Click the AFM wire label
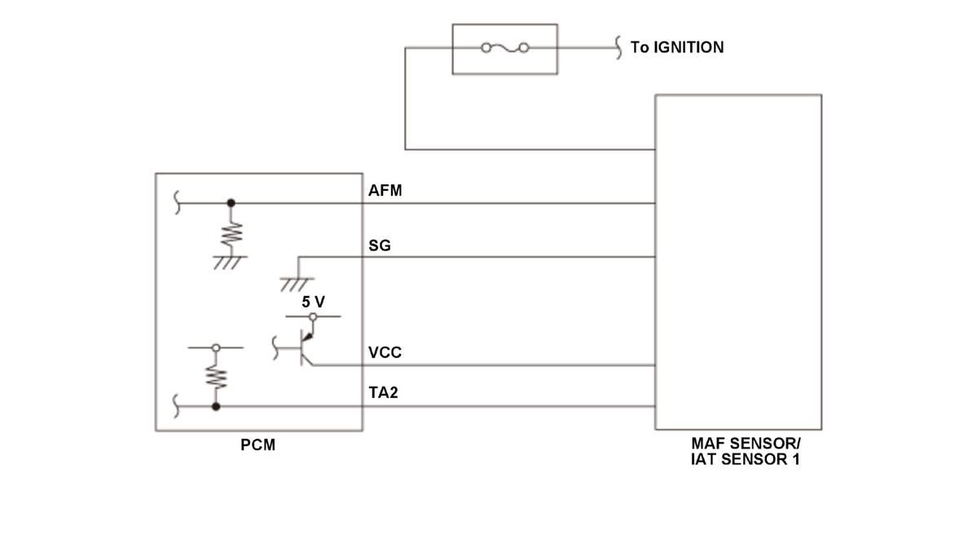click(385, 190)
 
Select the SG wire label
click(380, 245)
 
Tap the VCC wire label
click(385, 352)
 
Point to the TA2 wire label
click(383, 392)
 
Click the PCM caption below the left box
click(258, 444)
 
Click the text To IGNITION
click(677, 47)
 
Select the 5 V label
click(314, 302)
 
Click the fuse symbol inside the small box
click(504, 47)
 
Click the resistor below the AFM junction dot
click(231, 234)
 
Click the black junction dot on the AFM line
click(231, 202)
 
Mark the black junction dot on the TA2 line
click(216, 406)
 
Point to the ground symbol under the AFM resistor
click(229, 262)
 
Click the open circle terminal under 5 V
click(313, 316)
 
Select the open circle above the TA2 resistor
click(216, 347)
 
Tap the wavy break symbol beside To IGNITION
click(618, 47)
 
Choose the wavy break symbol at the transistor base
click(275, 348)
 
